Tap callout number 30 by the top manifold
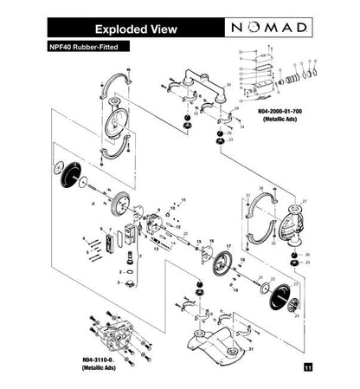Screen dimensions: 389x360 pyautogui.click(x=228, y=85)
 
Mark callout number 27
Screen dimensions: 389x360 pyautogui.click(x=304, y=201)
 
